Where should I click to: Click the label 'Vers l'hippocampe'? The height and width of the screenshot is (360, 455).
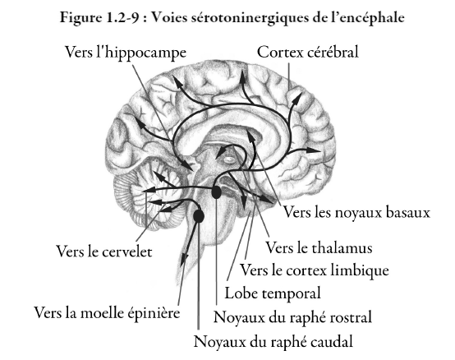point(126,53)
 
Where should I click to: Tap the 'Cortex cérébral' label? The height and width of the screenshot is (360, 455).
point(308,53)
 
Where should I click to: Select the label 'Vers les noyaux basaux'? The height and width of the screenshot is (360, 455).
point(356,212)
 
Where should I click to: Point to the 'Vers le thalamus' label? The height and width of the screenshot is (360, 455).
point(319,248)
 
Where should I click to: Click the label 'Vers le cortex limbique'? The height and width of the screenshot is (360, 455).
point(314,270)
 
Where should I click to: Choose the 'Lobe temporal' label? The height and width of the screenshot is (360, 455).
point(273,293)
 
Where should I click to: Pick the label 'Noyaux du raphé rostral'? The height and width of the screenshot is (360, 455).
point(292,316)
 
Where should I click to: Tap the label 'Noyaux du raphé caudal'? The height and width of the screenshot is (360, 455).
point(273,341)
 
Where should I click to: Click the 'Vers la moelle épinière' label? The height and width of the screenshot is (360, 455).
point(107,313)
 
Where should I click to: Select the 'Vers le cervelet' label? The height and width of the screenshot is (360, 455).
point(103,252)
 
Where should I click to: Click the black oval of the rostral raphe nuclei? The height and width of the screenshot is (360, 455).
point(216,192)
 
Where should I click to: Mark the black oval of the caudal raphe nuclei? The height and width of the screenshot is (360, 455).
point(199,216)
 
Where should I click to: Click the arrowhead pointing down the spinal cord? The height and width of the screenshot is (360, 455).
point(183,260)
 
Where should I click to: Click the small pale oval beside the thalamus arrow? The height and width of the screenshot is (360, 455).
point(229,159)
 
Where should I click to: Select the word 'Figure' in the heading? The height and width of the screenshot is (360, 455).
point(80,18)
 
